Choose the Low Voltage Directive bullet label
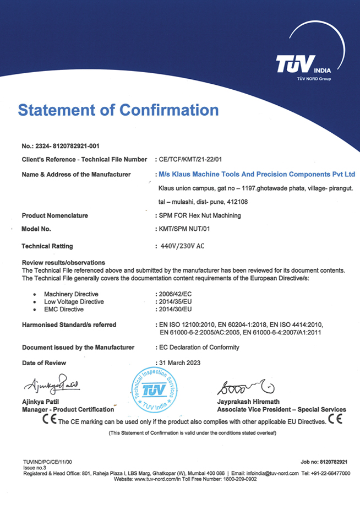[74, 302]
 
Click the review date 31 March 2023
[179, 362]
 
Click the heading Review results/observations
[63, 262]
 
